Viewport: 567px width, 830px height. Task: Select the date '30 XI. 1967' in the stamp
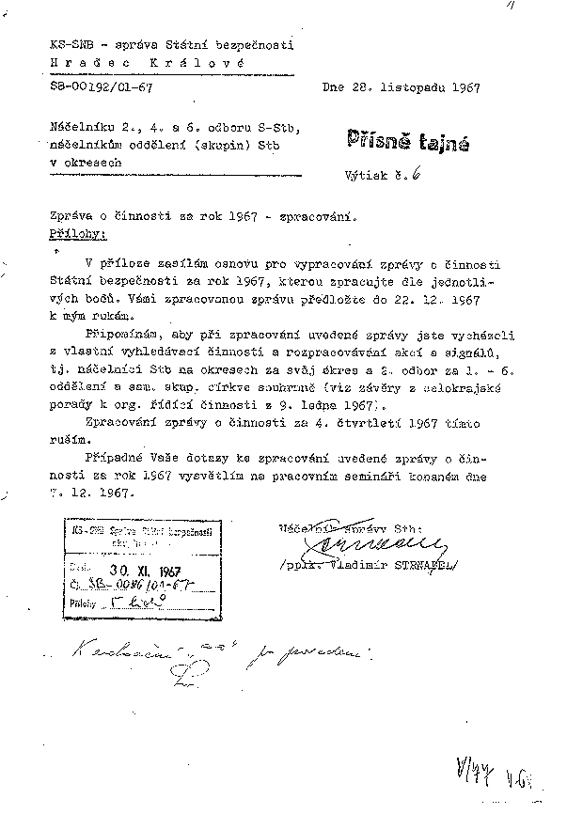pyautogui.click(x=136, y=569)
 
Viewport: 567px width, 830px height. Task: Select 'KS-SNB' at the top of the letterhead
pyautogui.click(x=69, y=44)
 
